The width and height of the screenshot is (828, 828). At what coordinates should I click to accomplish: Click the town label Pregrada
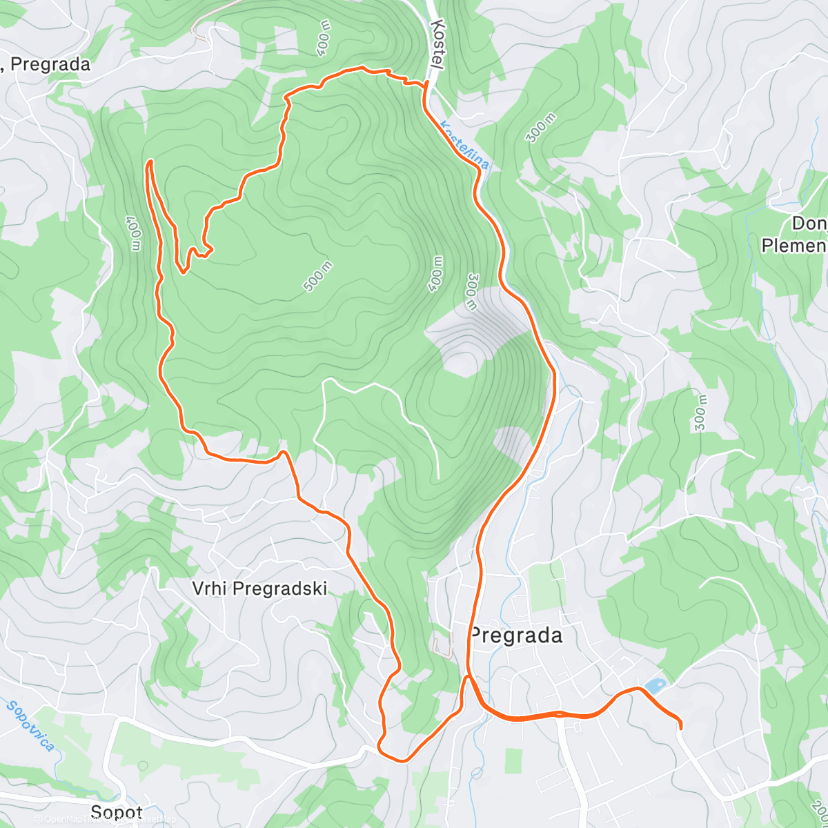pos(516,635)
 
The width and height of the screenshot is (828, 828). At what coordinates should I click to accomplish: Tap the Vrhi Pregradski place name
pos(259,589)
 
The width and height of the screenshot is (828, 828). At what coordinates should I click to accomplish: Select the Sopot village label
pos(117,812)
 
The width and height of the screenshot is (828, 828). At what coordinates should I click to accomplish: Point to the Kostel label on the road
pos(437,44)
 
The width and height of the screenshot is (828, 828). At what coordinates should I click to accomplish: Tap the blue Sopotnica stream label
pos(30,726)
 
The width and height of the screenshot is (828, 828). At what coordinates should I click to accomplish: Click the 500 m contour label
pos(317,277)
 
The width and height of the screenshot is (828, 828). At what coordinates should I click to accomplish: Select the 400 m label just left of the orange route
pos(133,233)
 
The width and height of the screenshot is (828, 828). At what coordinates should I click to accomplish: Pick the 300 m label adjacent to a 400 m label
pos(472,292)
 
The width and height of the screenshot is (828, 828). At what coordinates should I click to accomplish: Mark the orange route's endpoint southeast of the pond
pos(681,727)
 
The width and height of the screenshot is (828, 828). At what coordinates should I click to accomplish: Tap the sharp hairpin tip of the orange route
pos(148,161)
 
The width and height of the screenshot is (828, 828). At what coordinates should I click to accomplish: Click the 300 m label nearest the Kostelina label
pos(540,128)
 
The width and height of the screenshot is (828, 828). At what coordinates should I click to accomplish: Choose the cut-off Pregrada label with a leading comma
pos(46,64)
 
